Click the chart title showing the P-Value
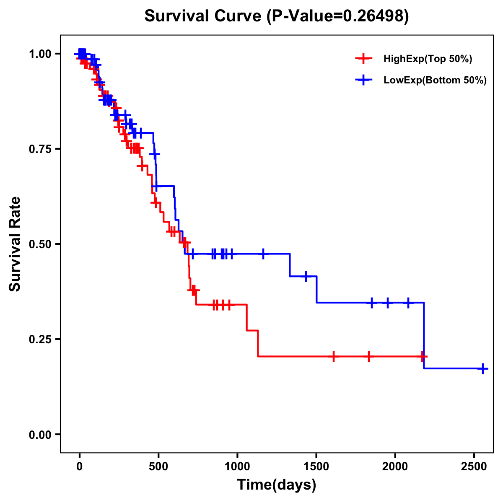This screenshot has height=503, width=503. pyautogui.click(x=276, y=16)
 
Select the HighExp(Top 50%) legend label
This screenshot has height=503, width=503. pyautogui.click(x=428, y=59)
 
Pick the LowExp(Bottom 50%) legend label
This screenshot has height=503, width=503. pyautogui.click(x=435, y=80)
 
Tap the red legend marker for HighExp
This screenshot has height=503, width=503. pyautogui.click(x=364, y=59)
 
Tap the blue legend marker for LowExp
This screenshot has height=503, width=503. pyautogui.click(x=364, y=80)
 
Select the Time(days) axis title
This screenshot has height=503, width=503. pyautogui.click(x=277, y=485)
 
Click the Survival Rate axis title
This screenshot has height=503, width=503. pyautogui.click(x=15, y=244)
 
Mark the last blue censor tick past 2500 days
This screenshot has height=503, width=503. pyautogui.click(x=483, y=368)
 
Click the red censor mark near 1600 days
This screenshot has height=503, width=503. pyautogui.click(x=334, y=356)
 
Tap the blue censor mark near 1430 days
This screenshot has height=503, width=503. pyautogui.click(x=306, y=276)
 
